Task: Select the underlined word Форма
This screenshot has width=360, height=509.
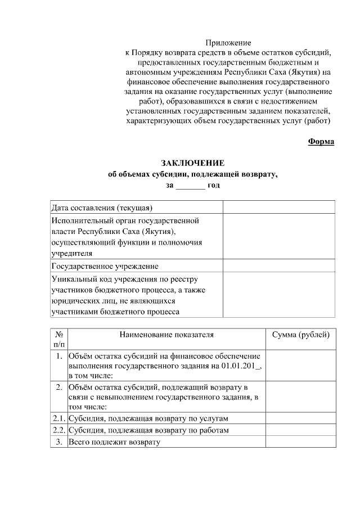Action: point(321,141)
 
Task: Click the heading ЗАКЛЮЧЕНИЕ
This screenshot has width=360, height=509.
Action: point(193,163)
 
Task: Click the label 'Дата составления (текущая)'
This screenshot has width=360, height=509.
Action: point(102,208)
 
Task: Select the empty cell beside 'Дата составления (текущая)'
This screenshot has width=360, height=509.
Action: point(279,208)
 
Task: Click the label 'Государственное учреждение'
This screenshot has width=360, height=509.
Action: point(105,266)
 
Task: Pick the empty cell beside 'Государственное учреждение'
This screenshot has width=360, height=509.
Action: point(279,266)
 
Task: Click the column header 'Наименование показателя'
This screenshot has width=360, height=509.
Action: point(166,335)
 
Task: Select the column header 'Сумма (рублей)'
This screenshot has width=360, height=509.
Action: point(300,335)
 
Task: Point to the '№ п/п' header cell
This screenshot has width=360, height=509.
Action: point(59,339)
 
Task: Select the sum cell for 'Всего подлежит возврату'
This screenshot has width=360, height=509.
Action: point(300,442)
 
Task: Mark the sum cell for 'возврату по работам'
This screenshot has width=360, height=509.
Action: point(300,430)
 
